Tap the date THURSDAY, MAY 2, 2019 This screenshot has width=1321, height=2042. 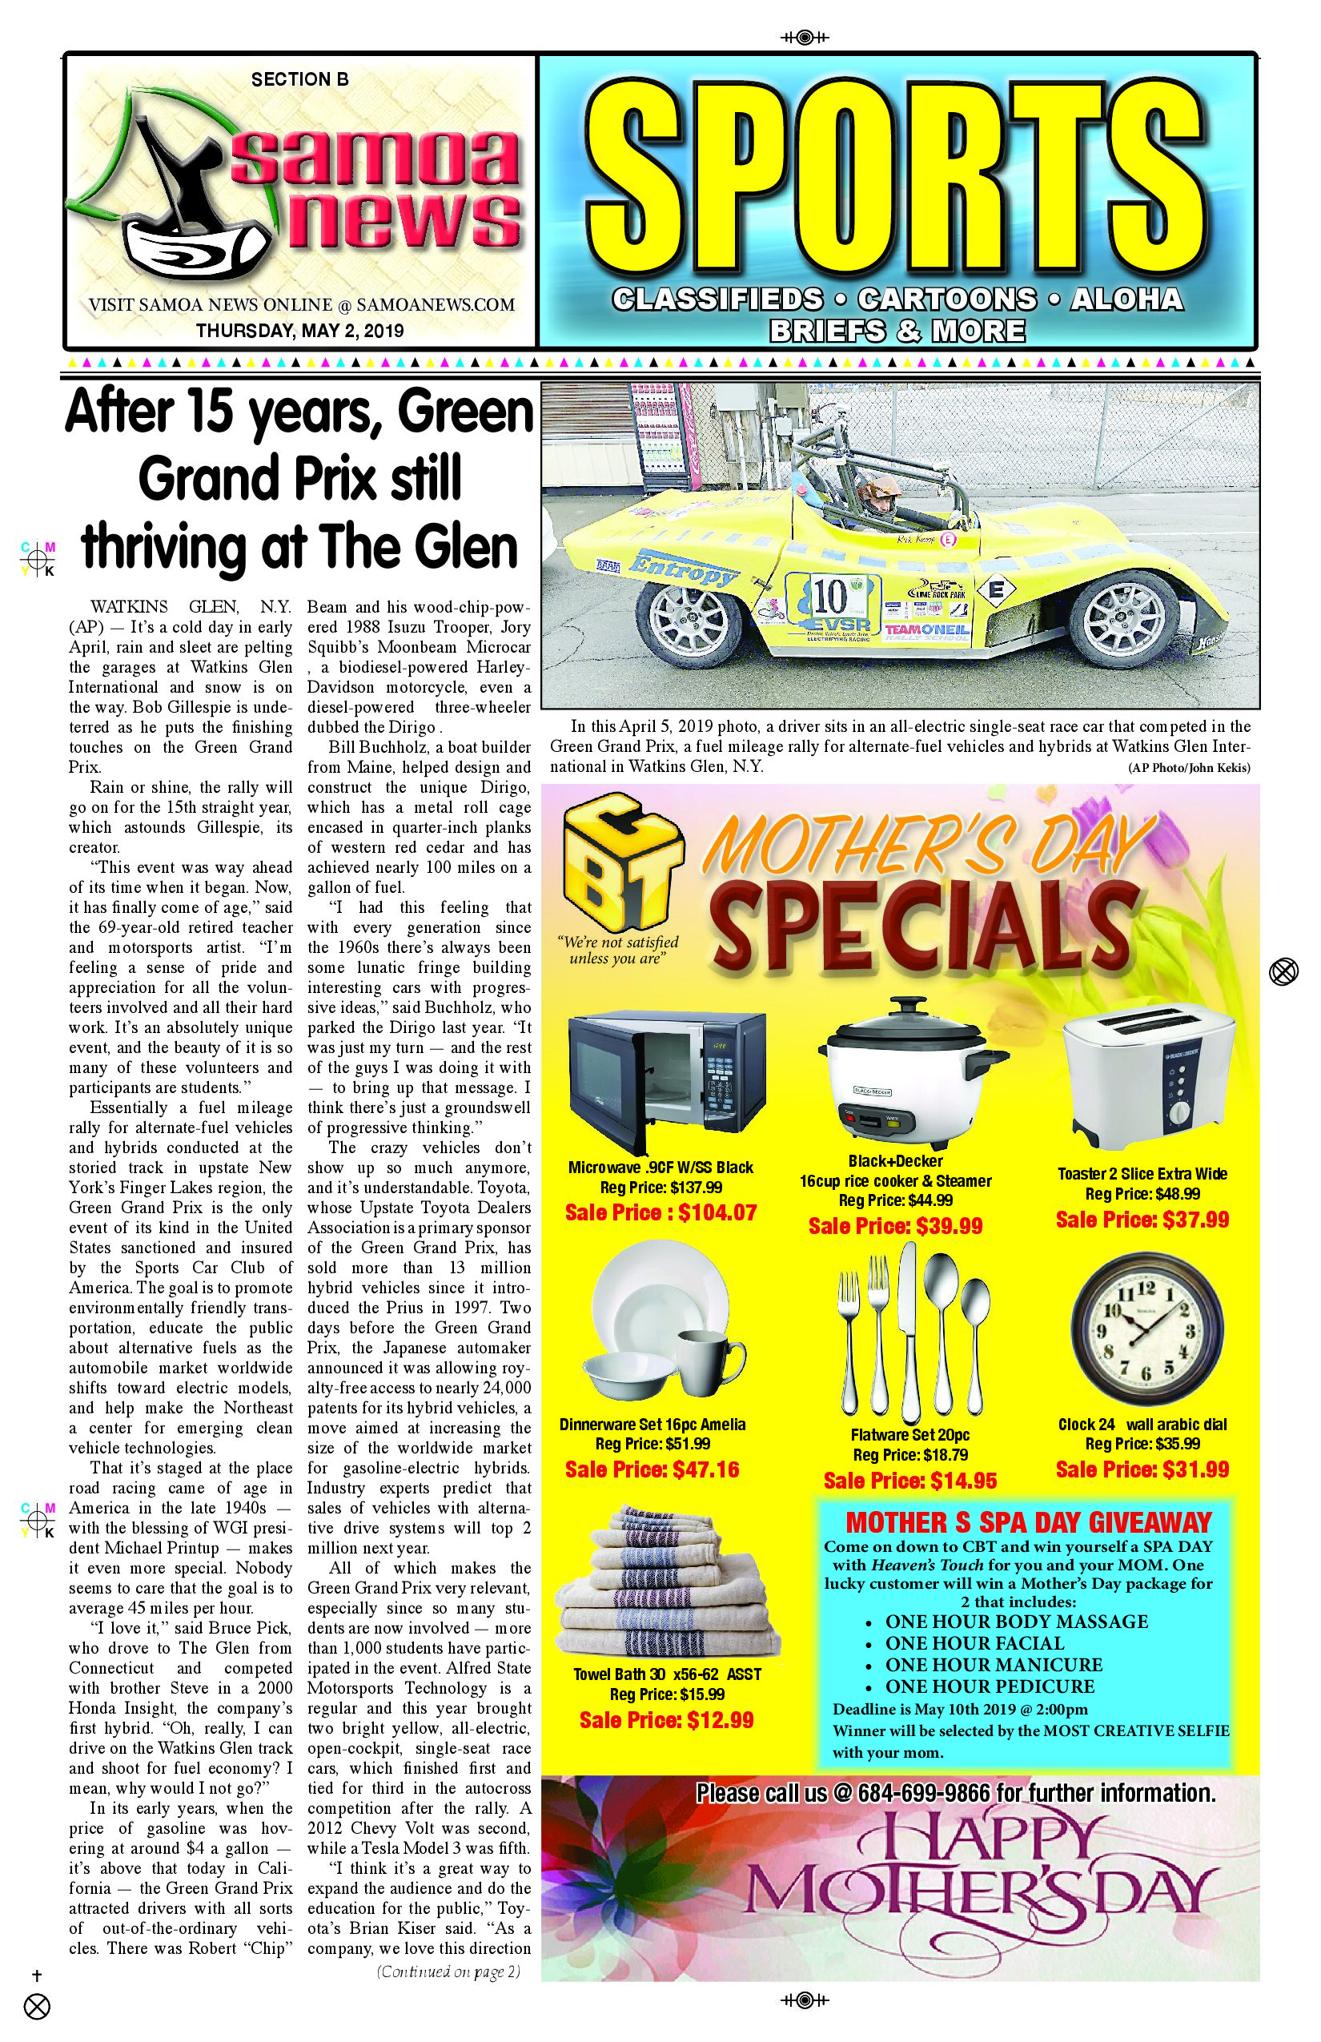click(299, 330)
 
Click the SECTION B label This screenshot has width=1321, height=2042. click(299, 80)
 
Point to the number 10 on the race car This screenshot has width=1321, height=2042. click(830, 594)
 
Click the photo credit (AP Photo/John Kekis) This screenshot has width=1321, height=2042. click(1188, 768)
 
